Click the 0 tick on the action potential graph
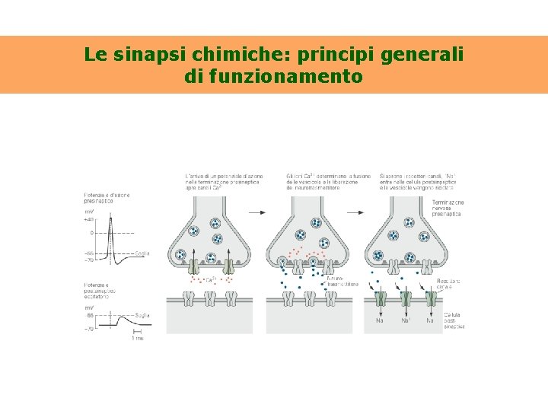(91, 233)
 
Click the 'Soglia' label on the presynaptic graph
(142, 253)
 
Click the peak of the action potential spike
(111, 215)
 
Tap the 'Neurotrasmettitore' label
(338, 282)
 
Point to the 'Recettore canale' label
(449, 285)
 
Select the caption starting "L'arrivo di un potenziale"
(222, 183)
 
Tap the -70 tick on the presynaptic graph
(89, 260)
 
